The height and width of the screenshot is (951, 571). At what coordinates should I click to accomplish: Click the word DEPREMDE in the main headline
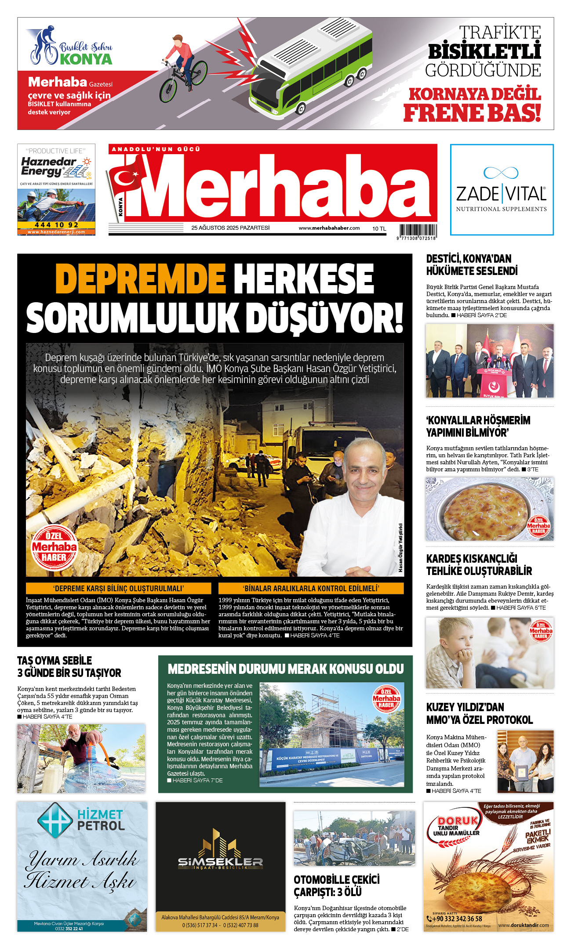141,279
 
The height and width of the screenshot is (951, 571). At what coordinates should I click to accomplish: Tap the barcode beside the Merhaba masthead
418,231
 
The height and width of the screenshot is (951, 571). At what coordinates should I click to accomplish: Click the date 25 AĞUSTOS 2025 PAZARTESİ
230,228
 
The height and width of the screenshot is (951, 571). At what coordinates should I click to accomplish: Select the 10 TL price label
379,228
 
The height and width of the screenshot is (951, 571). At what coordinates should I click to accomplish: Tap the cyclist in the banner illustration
182,66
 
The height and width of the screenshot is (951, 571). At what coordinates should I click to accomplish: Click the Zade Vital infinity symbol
501,173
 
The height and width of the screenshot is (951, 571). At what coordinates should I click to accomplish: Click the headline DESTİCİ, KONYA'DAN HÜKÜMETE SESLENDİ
472,265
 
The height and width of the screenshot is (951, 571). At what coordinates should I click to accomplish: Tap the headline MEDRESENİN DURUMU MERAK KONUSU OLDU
286,669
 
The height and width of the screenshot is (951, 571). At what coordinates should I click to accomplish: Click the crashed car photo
354,838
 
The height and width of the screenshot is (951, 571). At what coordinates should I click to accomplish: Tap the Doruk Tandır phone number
457,919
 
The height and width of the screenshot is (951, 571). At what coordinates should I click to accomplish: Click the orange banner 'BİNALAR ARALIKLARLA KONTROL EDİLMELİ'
311,589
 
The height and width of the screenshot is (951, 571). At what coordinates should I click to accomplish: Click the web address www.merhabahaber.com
329,228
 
